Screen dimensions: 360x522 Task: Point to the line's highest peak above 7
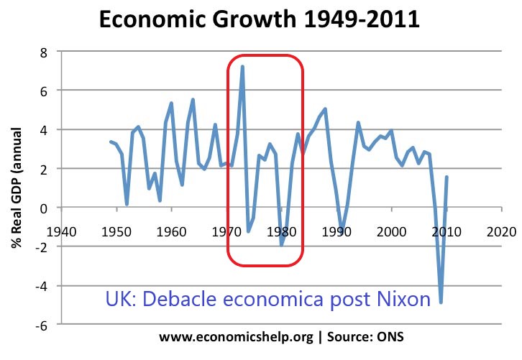coord(242,66)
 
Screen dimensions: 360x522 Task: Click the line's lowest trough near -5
coord(441,303)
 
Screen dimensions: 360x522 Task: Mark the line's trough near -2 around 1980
coord(281,245)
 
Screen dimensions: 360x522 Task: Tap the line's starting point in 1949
coord(111,142)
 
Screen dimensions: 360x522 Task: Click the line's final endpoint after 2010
coord(447,177)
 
